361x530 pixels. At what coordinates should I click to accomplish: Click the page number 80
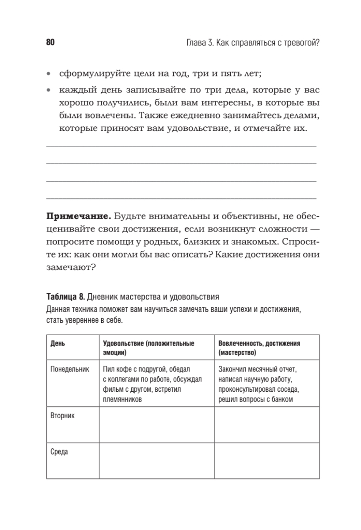point(49,43)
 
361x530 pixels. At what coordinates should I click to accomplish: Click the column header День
point(57,343)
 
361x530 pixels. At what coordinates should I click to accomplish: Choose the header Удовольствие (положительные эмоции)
point(148,348)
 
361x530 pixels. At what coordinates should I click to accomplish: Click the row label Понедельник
point(70,368)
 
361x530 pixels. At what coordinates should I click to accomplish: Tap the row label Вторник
point(62,416)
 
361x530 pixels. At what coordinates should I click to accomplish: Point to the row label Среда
point(59,452)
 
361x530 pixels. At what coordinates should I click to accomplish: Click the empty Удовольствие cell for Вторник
point(156,424)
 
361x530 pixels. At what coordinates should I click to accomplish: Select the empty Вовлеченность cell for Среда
point(267,461)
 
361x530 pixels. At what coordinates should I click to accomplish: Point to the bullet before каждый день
point(49,91)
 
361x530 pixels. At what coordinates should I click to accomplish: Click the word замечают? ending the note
point(71,268)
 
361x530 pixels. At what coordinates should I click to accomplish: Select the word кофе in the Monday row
point(125,368)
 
